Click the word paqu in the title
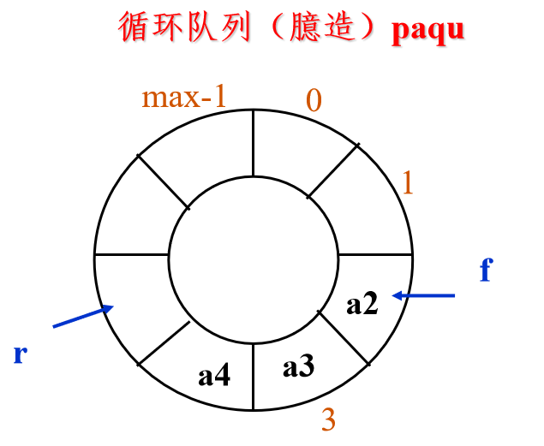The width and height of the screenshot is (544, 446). (427, 31)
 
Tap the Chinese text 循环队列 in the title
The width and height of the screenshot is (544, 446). (184, 27)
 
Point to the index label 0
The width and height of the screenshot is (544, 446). (314, 100)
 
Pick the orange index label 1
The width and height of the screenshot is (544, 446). (408, 182)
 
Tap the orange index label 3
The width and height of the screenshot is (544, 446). (328, 419)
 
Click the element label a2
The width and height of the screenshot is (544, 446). (362, 304)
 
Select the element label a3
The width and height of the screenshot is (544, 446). (299, 366)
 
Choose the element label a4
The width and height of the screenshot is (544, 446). (214, 375)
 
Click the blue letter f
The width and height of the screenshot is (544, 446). (487, 270)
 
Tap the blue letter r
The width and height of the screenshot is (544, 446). (21, 354)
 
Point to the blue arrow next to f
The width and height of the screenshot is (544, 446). (423, 295)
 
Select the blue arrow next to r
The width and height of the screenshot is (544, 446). (83, 316)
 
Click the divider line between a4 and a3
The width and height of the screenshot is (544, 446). (254, 377)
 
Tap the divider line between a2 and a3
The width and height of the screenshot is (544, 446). (344, 338)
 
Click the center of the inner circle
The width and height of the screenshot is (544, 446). (254, 260)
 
